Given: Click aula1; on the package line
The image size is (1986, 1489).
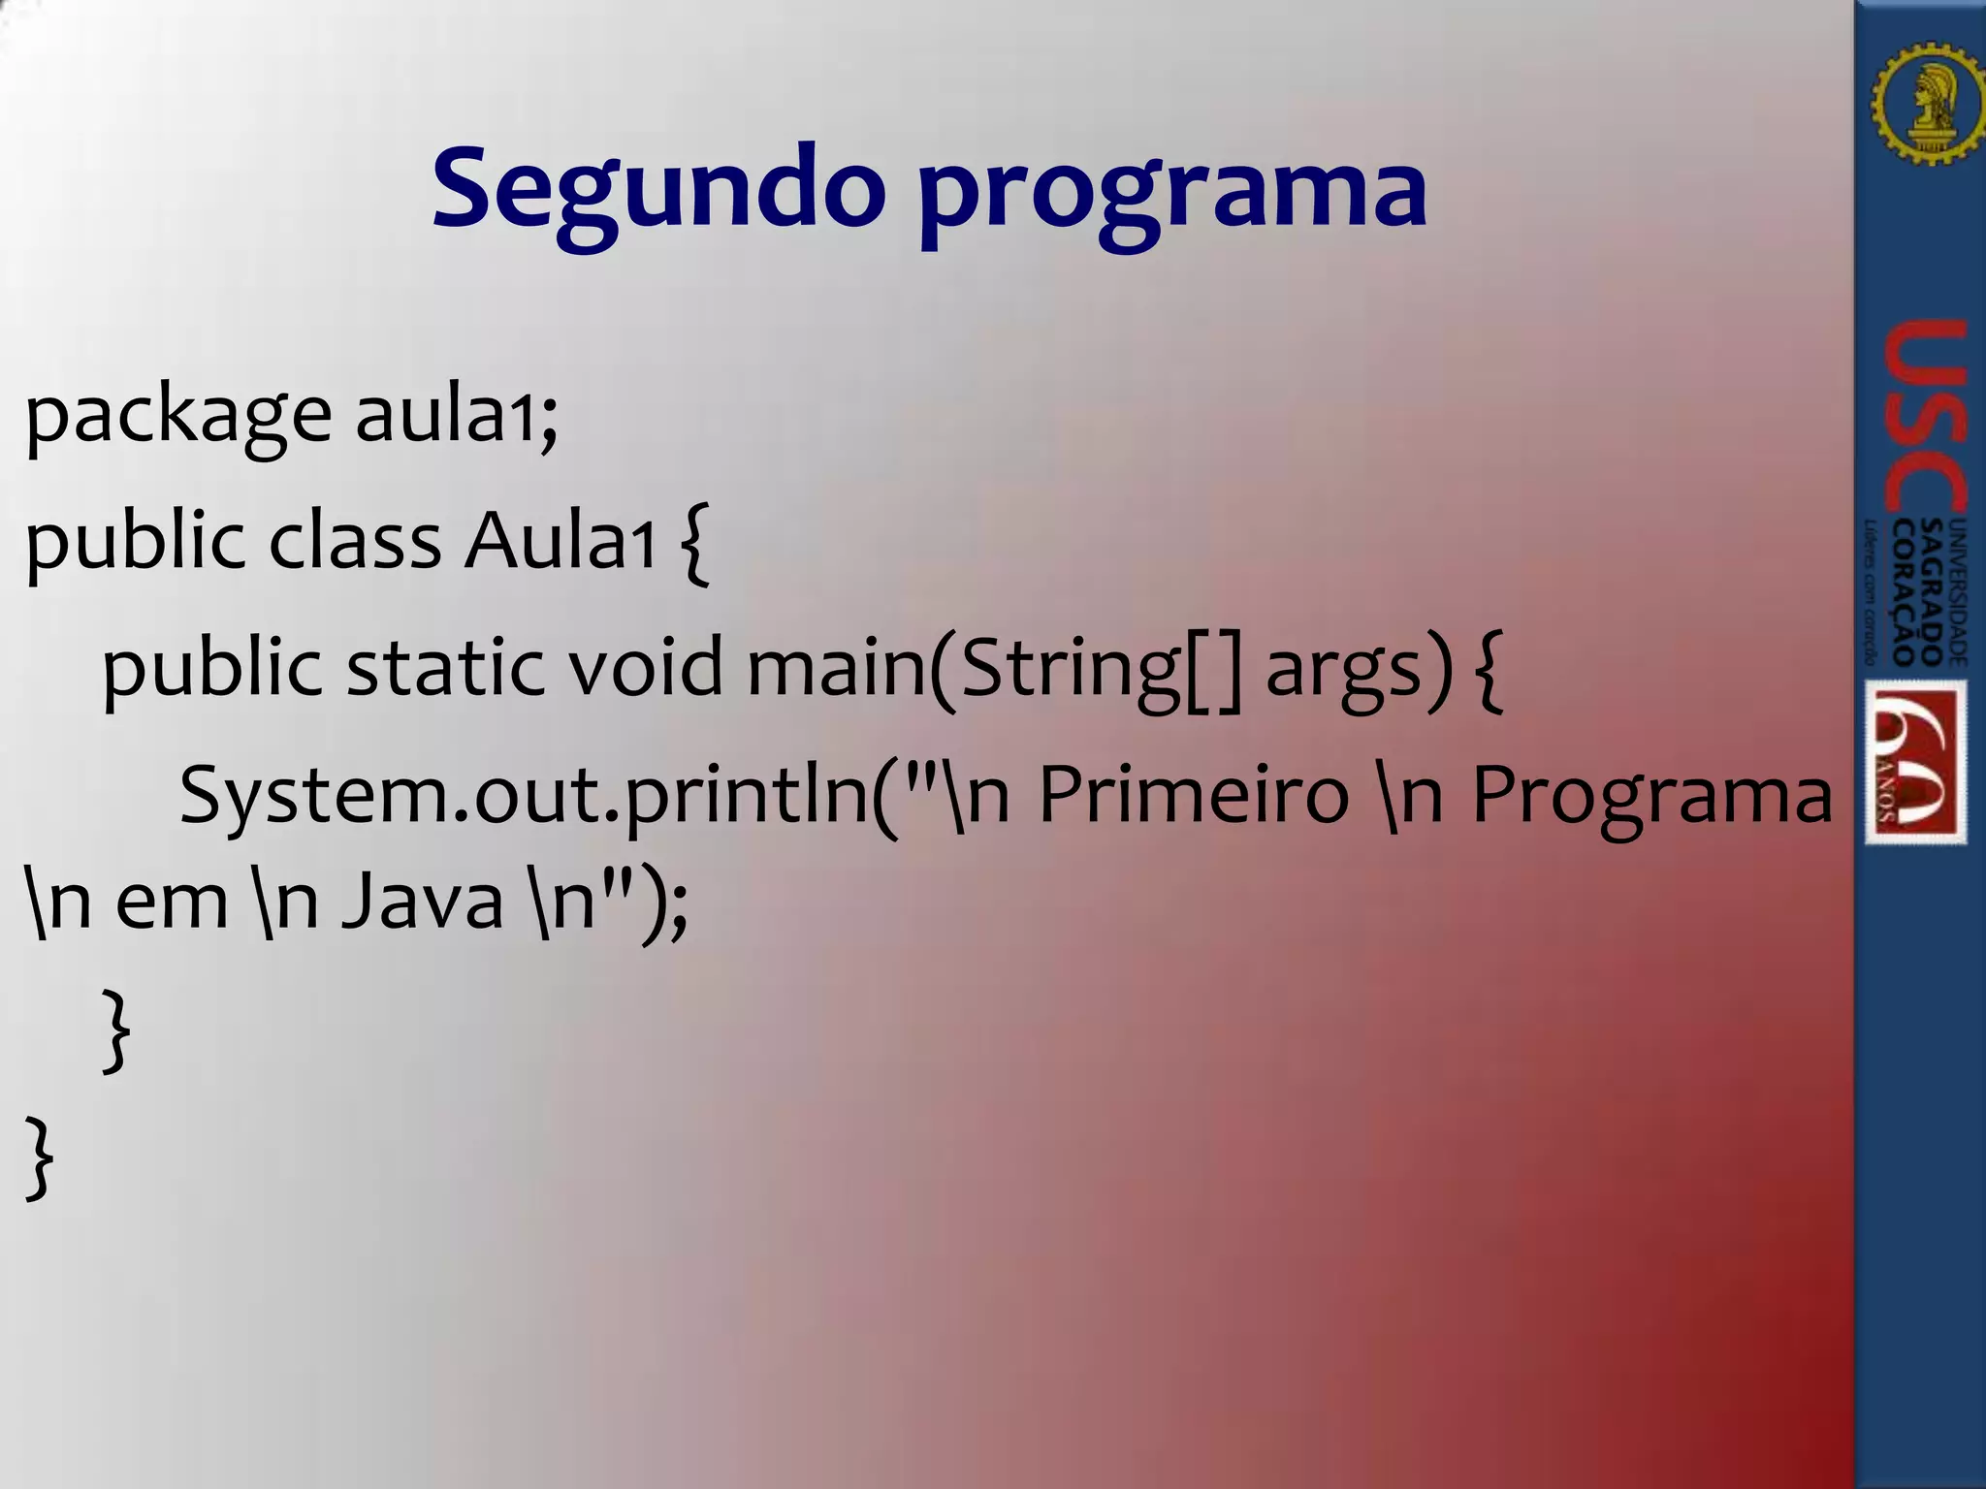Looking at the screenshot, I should [x=457, y=415].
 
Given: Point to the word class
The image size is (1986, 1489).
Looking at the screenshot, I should [x=355, y=540].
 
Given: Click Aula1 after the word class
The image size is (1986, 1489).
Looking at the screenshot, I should [x=561, y=540].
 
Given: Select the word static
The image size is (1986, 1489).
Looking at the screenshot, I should [x=445, y=668].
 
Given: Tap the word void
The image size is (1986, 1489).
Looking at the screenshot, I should [x=645, y=668].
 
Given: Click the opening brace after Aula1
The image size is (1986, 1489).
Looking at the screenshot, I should [x=695, y=543].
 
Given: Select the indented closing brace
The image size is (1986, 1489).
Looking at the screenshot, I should [x=115, y=1030].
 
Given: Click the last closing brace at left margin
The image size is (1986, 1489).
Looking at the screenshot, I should [x=39, y=1157].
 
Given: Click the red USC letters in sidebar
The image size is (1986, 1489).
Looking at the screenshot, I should [x=1925, y=417].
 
